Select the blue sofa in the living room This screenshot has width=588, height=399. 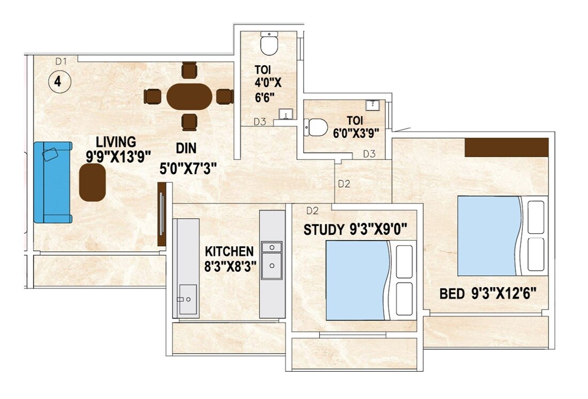pos(52,182)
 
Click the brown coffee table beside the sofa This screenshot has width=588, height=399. pos(92,182)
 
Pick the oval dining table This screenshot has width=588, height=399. pos(189,97)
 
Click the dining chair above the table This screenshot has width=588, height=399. pos(189,71)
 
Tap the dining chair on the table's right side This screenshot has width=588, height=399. pos(225,97)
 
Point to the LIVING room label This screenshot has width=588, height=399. pos(115,142)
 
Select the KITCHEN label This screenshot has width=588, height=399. pos(229,251)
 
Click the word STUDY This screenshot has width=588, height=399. pos(324,230)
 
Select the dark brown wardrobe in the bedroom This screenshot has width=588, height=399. pos(506,147)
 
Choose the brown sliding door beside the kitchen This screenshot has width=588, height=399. pos(161,214)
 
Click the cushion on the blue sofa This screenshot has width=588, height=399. pos(51,155)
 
